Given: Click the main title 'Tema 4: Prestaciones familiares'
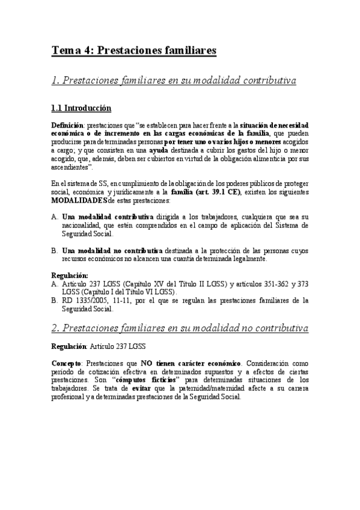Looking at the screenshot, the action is (133, 51).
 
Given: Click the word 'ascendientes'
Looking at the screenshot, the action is (72, 167).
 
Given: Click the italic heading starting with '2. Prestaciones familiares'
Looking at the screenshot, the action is (180, 328).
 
